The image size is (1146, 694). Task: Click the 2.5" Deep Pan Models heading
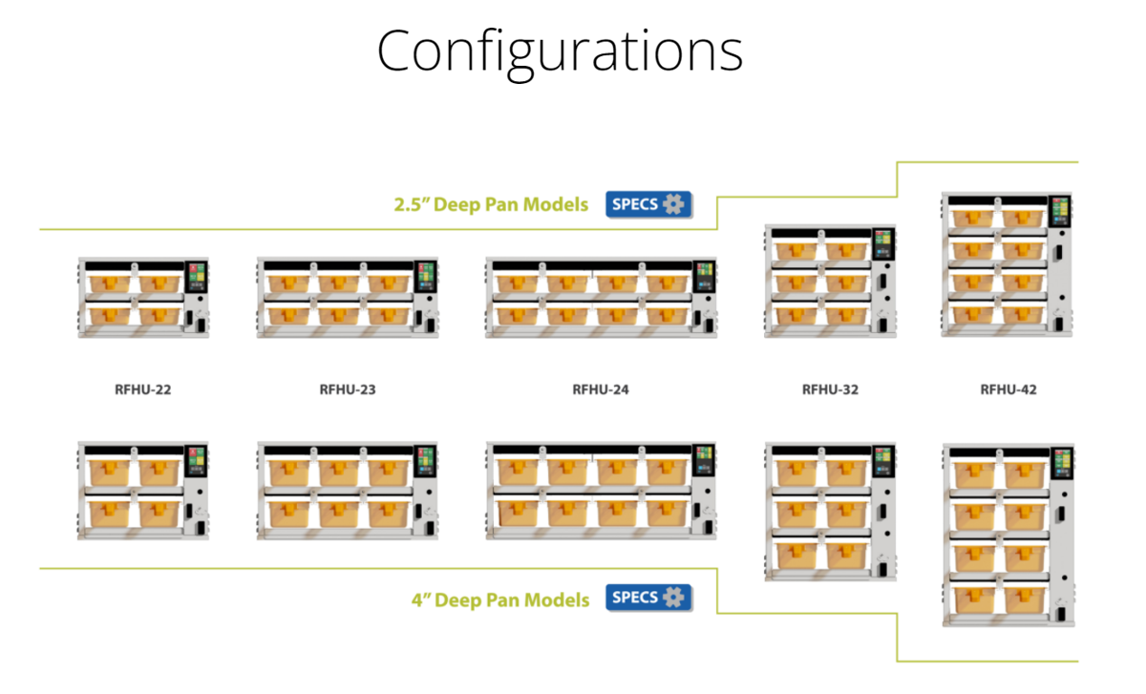pyautogui.click(x=491, y=204)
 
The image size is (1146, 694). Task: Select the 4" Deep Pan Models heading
pyautogui.click(x=500, y=599)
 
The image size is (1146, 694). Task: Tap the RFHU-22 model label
pyautogui.click(x=142, y=389)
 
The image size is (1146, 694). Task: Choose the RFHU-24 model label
pyautogui.click(x=601, y=389)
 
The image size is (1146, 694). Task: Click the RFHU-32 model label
pyautogui.click(x=830, y=389)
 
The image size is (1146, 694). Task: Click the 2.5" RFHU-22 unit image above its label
pyautogui.click(x=143, y=297)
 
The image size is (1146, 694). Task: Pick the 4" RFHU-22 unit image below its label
pyautogui.click(x=143, y=491)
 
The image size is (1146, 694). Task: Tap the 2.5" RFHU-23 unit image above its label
pyautogui.click(x=348, y=297)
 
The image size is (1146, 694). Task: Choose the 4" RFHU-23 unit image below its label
pyautogui.click(x=348, y=491)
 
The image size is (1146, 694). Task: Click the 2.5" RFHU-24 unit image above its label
pyautogui.click(x=601, y=297)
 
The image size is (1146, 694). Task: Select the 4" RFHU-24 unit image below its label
pyautogui.click(x=601, y=491)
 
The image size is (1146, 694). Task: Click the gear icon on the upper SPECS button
pyautogui.click(x=675, y=203)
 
